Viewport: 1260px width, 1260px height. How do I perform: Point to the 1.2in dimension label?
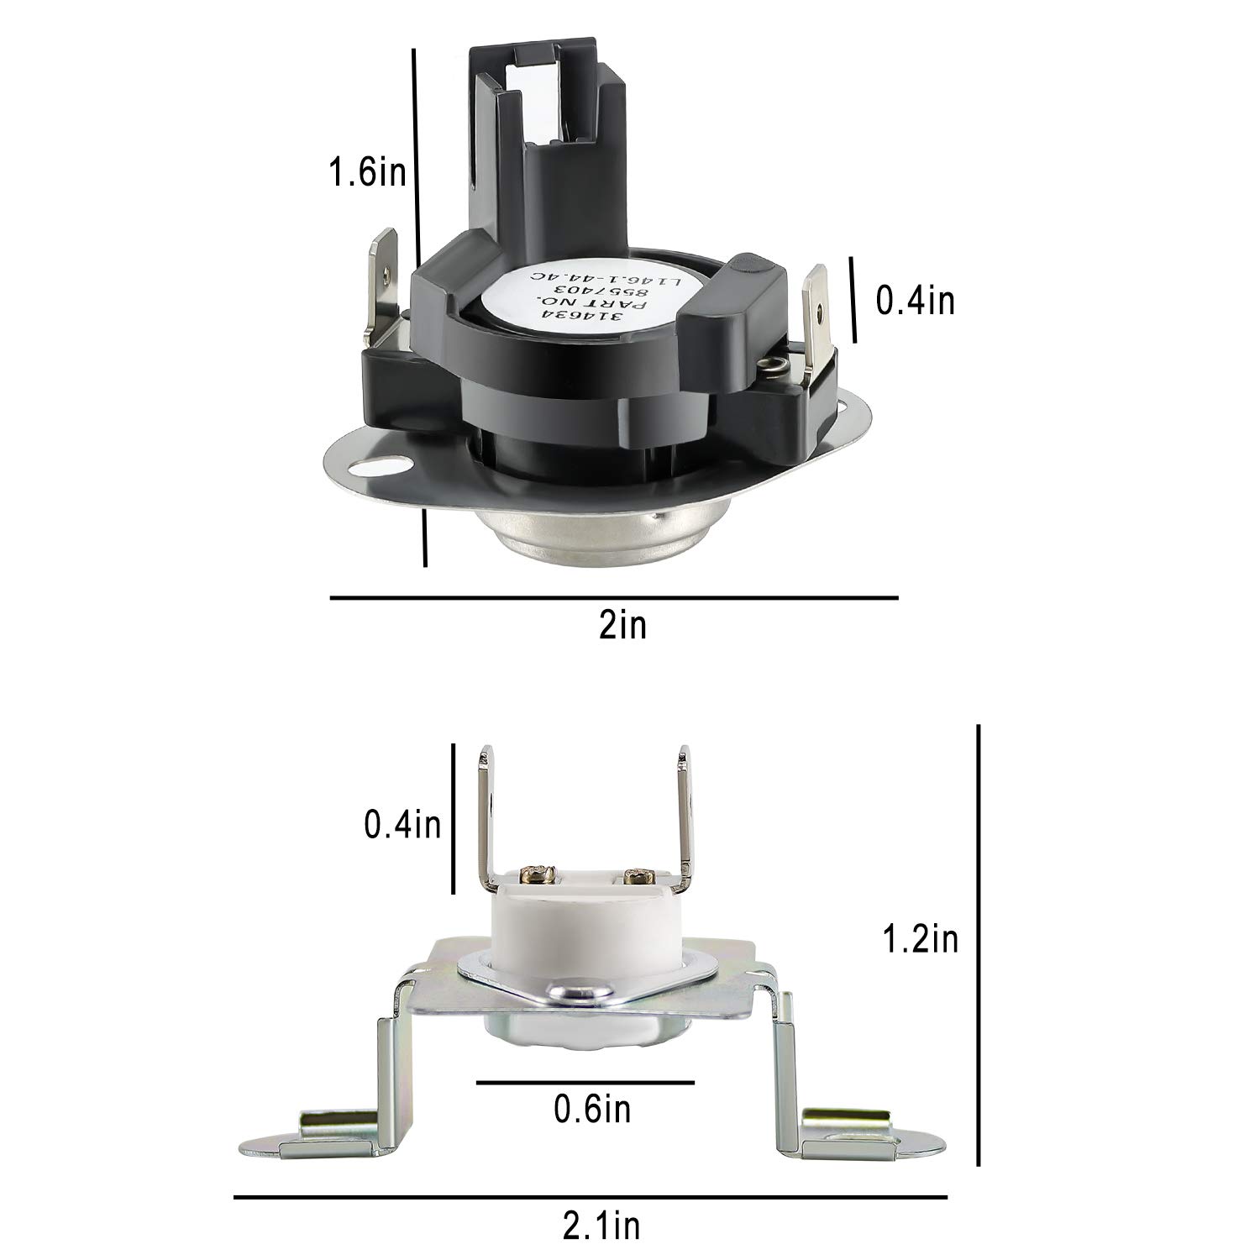pos(921,939)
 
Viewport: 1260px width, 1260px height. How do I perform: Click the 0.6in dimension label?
pos(592,1110)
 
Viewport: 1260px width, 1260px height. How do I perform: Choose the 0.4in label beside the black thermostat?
pos(916,300)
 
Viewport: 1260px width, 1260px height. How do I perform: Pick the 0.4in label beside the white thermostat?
pos(402,825)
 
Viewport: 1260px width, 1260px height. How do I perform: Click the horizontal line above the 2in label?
pos(614,598)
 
